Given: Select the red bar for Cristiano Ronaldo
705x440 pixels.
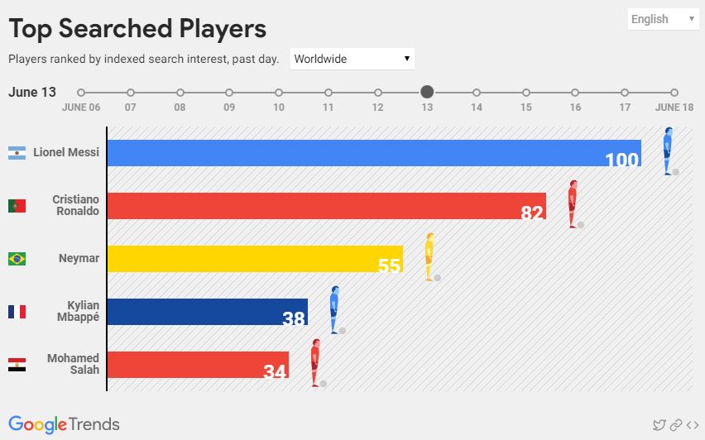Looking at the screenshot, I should pyautogui.click(x=323, y=206).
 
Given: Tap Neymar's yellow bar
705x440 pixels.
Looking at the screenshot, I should pyautogui.click(x=248, y=259).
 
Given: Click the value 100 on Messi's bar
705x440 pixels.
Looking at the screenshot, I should pyautogui.click(x=622, y=160).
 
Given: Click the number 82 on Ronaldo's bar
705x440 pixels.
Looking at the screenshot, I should pyautogui.click(x=532, y=213).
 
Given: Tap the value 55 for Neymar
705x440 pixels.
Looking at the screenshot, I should pyautogui.click(x=389, y=265).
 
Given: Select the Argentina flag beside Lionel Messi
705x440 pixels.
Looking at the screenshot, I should pyautogui.click(x=17, y=153).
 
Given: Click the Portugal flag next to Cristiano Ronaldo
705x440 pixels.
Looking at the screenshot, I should pyautogui.click(x=17, y=206).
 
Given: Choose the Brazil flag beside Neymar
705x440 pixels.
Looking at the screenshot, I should pyautogui.click(x=17, y=259).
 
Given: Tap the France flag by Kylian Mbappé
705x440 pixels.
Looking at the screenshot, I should pyautogui.click(x=17, y=312).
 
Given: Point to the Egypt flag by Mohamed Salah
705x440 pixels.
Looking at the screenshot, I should pyautogui.click(x=17, y=365).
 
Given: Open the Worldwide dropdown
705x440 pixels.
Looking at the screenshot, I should pyautogui.click(x=352, y=59).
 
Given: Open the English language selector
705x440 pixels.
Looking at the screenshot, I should pyautogui.click(x=663, y=19).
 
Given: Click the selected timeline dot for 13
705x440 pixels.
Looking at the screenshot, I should pyautogui.click(x=427, y=92).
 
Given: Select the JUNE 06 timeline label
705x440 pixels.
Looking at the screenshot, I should pyautogui.click(x=81, y=108).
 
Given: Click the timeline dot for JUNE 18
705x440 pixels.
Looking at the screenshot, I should pyautogui.click(x=674, y=93).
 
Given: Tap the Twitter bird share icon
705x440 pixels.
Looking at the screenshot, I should pyautogui.click(x=659, y=425).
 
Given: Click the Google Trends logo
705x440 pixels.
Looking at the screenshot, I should pyautogui.click(x=64, y=424).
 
